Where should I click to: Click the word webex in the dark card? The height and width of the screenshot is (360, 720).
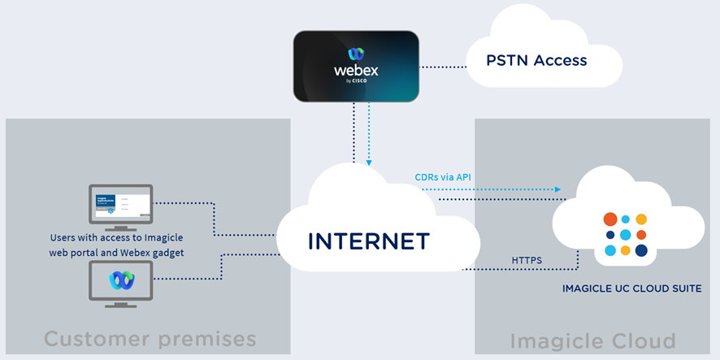pos(356,71)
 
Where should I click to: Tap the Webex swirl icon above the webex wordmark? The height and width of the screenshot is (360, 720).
pos(356,54)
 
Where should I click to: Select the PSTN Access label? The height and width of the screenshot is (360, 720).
pos(536,60)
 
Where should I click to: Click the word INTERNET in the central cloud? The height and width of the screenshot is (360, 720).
pos(368,241)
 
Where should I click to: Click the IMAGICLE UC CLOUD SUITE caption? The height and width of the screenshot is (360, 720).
pos(631,288)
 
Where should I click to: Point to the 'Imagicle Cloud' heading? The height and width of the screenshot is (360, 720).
pos(592,340)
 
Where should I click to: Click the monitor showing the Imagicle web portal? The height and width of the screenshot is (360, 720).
pos(121,204)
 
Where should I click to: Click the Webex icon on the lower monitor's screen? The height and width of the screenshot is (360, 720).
pos(122,280)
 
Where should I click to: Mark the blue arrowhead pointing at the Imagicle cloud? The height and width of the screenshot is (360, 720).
pos(557,189)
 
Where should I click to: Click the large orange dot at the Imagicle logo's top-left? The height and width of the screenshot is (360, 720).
pos(610,219)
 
